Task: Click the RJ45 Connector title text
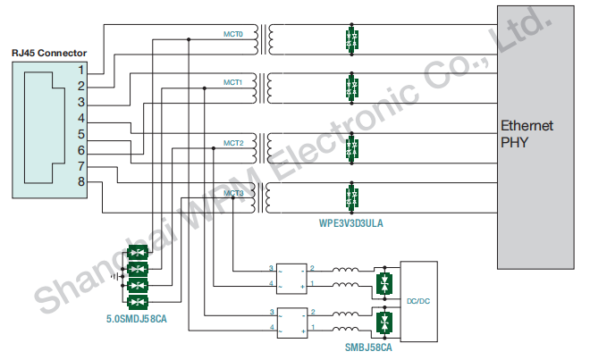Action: (x=49, y=53)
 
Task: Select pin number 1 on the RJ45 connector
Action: (x=81, y=69)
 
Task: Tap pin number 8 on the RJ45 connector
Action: (x=81, y=183)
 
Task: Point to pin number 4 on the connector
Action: (x=81, y=118)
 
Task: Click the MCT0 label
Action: (x=233, y=34)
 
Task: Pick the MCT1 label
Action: (x=233, y=82)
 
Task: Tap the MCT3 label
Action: (x=233, y=192)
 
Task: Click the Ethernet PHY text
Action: (x=527, y=133)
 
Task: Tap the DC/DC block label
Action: (x=418, y=301)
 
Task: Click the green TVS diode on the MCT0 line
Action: (x=351, y=40)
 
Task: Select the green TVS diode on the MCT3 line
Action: (x=351, y=196)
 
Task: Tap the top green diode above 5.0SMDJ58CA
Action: (x=138, y=253)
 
